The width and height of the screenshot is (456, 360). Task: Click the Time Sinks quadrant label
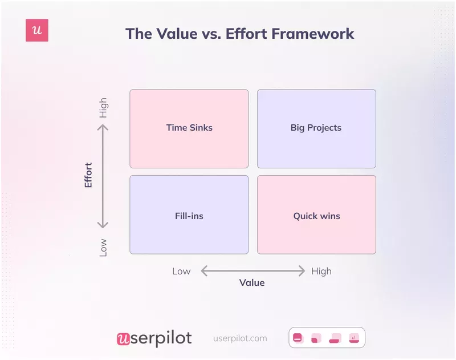point(189,128)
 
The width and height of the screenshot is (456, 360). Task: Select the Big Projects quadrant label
point(316,128)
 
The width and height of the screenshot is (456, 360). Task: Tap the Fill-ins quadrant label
point(189,216)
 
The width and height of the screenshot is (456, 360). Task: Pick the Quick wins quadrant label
point(316,216)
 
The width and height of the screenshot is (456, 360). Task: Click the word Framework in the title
point(312,33)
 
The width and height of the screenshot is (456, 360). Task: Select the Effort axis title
point(88,176)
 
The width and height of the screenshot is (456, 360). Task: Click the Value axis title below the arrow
point(252,282)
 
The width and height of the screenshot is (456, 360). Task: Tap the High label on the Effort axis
point(103,108)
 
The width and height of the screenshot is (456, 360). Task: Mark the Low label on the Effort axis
point(103,247)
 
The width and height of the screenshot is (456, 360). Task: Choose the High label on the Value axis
point(321,271)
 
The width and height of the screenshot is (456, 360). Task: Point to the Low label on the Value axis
point(181,271)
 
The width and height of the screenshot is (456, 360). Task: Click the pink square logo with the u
point(37,30)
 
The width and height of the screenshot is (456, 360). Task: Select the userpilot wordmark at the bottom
point(154,338)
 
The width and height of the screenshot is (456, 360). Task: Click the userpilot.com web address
point(240,338)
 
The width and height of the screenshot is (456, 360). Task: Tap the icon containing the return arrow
point(354,338)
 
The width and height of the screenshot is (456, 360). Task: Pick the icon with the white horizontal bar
point(298,338)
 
